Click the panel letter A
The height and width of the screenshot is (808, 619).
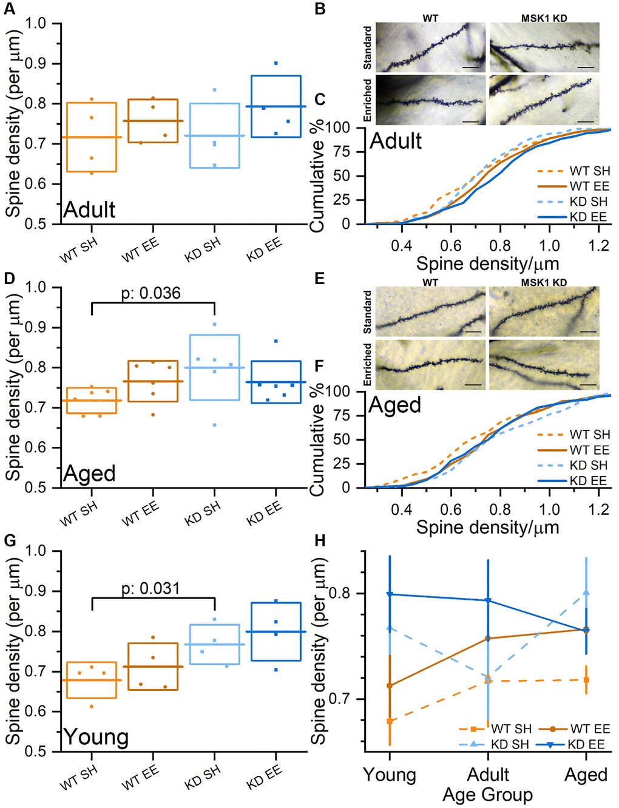(x=10, y=10)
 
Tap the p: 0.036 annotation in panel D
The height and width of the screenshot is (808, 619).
(x=151, y=293)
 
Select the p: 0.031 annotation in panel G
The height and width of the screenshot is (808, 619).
(x=151, y=588)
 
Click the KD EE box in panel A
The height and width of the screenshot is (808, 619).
(x=276, y=106)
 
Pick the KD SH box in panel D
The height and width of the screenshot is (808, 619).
(x=214, y=367)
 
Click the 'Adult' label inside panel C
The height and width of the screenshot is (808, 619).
(x=396, y=141)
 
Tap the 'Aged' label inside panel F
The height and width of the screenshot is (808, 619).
(x=394, y=405)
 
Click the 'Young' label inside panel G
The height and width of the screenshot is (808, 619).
(x=96, y=737)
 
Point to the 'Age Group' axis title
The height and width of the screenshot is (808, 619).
(x=487, y=795)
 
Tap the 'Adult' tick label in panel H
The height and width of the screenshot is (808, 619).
(x=488, y=775)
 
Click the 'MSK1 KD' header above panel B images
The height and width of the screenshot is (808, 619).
(x=544, y=18)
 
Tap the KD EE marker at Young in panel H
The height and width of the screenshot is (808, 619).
(x=390, y=594)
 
